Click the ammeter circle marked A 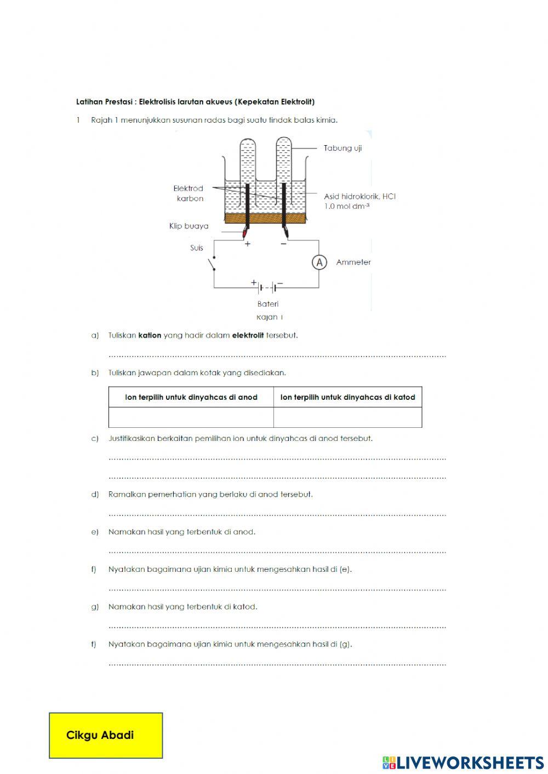[x=319, y=262]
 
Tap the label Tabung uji [x=342, y=148]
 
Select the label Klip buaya [x=189, y=226]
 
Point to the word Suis [x=197, y=248]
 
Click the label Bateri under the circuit [x=268, y=303]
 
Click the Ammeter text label [x=353, y=262]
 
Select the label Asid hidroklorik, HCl [x=359, y=196]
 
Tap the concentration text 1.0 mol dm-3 [x=346, y=206]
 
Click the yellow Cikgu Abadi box [x=106, y=735]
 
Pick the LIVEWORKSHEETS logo [x=463, y=762]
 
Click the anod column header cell [x=191, y=397]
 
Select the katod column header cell [x=347, y=397]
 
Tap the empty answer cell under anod [x=191, y=417]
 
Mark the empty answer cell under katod [x=347, y=417]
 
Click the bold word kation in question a [x=150, y=335]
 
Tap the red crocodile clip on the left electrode [x=246, y=234]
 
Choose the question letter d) [x=95, y=494]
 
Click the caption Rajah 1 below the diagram [x=269, y=317]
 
